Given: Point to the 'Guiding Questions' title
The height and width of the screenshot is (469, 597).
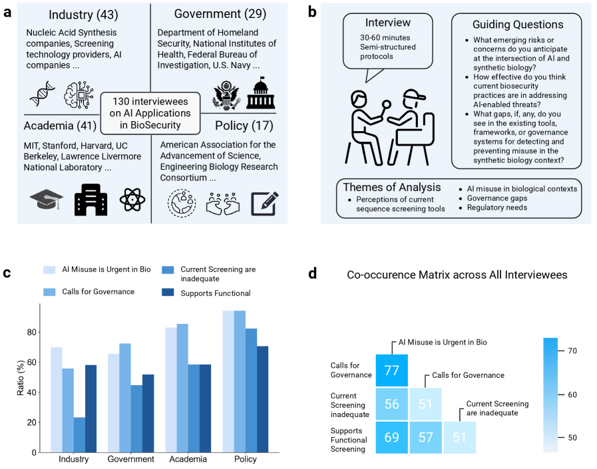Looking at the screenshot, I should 517,25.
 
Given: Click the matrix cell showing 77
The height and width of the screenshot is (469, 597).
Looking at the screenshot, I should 391,371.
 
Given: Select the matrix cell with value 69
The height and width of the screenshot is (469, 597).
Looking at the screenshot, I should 391,437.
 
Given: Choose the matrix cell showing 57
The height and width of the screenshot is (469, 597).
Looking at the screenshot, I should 425,437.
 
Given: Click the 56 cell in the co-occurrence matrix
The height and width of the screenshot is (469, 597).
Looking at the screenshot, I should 391,404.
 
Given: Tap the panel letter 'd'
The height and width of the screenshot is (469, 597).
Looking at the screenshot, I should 313,273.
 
